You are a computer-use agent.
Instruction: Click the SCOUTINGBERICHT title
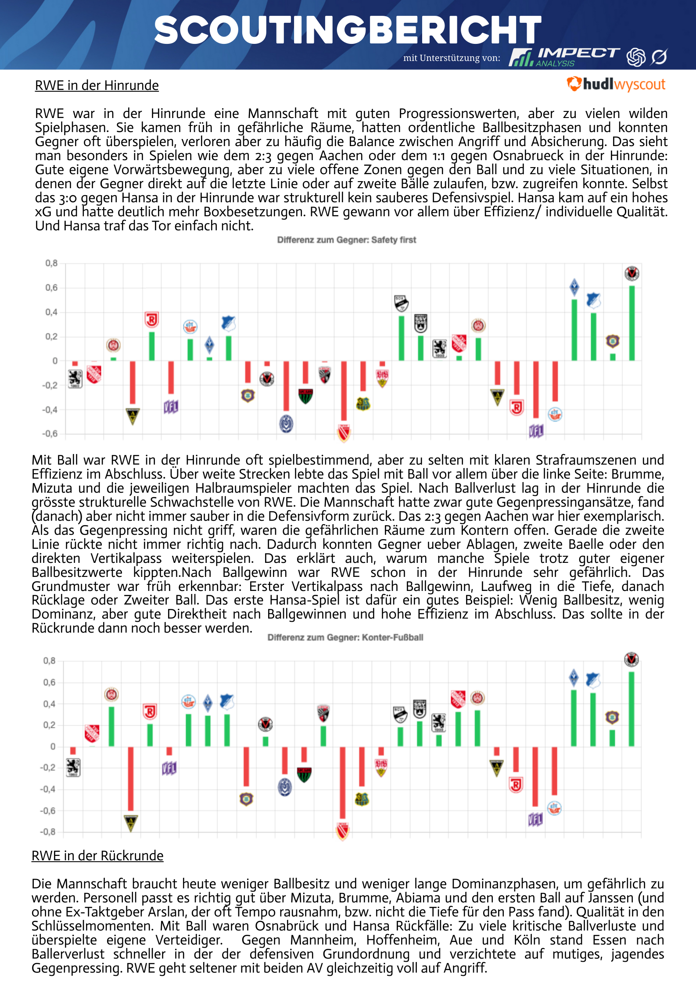348,30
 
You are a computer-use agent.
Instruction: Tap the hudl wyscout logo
616,84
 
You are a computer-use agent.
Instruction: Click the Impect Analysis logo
564,57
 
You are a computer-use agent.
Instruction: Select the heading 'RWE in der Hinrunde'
97,85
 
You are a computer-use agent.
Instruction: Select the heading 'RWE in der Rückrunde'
97,855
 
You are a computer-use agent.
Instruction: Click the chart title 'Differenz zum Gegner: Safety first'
346,240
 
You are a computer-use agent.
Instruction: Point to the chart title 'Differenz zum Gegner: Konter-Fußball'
345,637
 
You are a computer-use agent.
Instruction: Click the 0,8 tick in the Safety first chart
51,263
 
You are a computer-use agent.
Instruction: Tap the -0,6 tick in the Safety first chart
50,433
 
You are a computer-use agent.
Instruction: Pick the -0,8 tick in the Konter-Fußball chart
48,832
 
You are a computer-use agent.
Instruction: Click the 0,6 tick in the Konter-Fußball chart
50,682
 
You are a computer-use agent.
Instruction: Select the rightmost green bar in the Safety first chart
632,323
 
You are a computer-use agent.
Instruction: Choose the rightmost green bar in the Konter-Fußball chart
631,708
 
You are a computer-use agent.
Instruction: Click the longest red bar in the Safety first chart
344,390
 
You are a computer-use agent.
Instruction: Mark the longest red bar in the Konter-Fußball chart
342,783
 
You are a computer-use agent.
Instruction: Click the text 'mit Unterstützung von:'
452,58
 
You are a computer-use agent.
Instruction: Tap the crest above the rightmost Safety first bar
631,273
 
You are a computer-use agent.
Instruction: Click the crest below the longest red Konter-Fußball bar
342,830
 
